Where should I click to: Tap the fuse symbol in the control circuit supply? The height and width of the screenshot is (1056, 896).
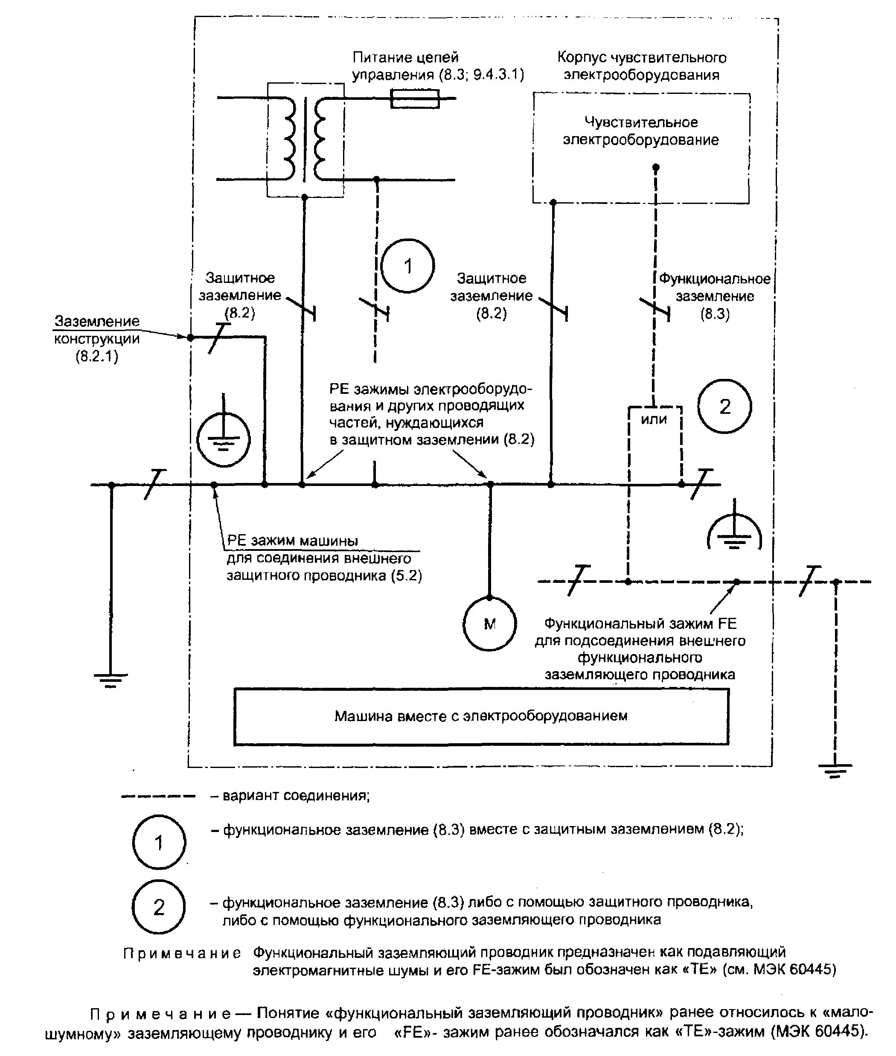point(414,99)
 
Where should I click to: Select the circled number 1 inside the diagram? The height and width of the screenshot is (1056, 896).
point(407,266)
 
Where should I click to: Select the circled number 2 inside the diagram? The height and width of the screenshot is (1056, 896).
point(724,406)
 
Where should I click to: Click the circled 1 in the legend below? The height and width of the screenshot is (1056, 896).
point(159,843)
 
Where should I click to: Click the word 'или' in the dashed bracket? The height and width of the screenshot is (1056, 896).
point(654,419)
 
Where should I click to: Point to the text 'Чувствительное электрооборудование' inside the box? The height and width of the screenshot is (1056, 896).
point(640,131)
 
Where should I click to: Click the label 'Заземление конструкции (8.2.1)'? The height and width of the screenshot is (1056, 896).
point(96,339)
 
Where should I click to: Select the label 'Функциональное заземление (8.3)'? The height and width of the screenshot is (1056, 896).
point(715,296)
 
